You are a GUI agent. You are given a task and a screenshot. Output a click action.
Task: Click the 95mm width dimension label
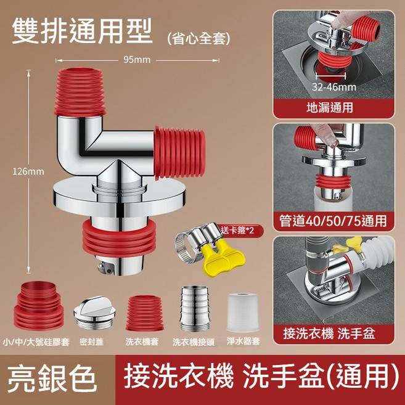point(137,60)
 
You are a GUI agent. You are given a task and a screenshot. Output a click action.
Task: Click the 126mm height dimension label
point(23,170)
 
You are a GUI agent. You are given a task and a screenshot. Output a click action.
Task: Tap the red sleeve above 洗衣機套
point(144,313)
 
